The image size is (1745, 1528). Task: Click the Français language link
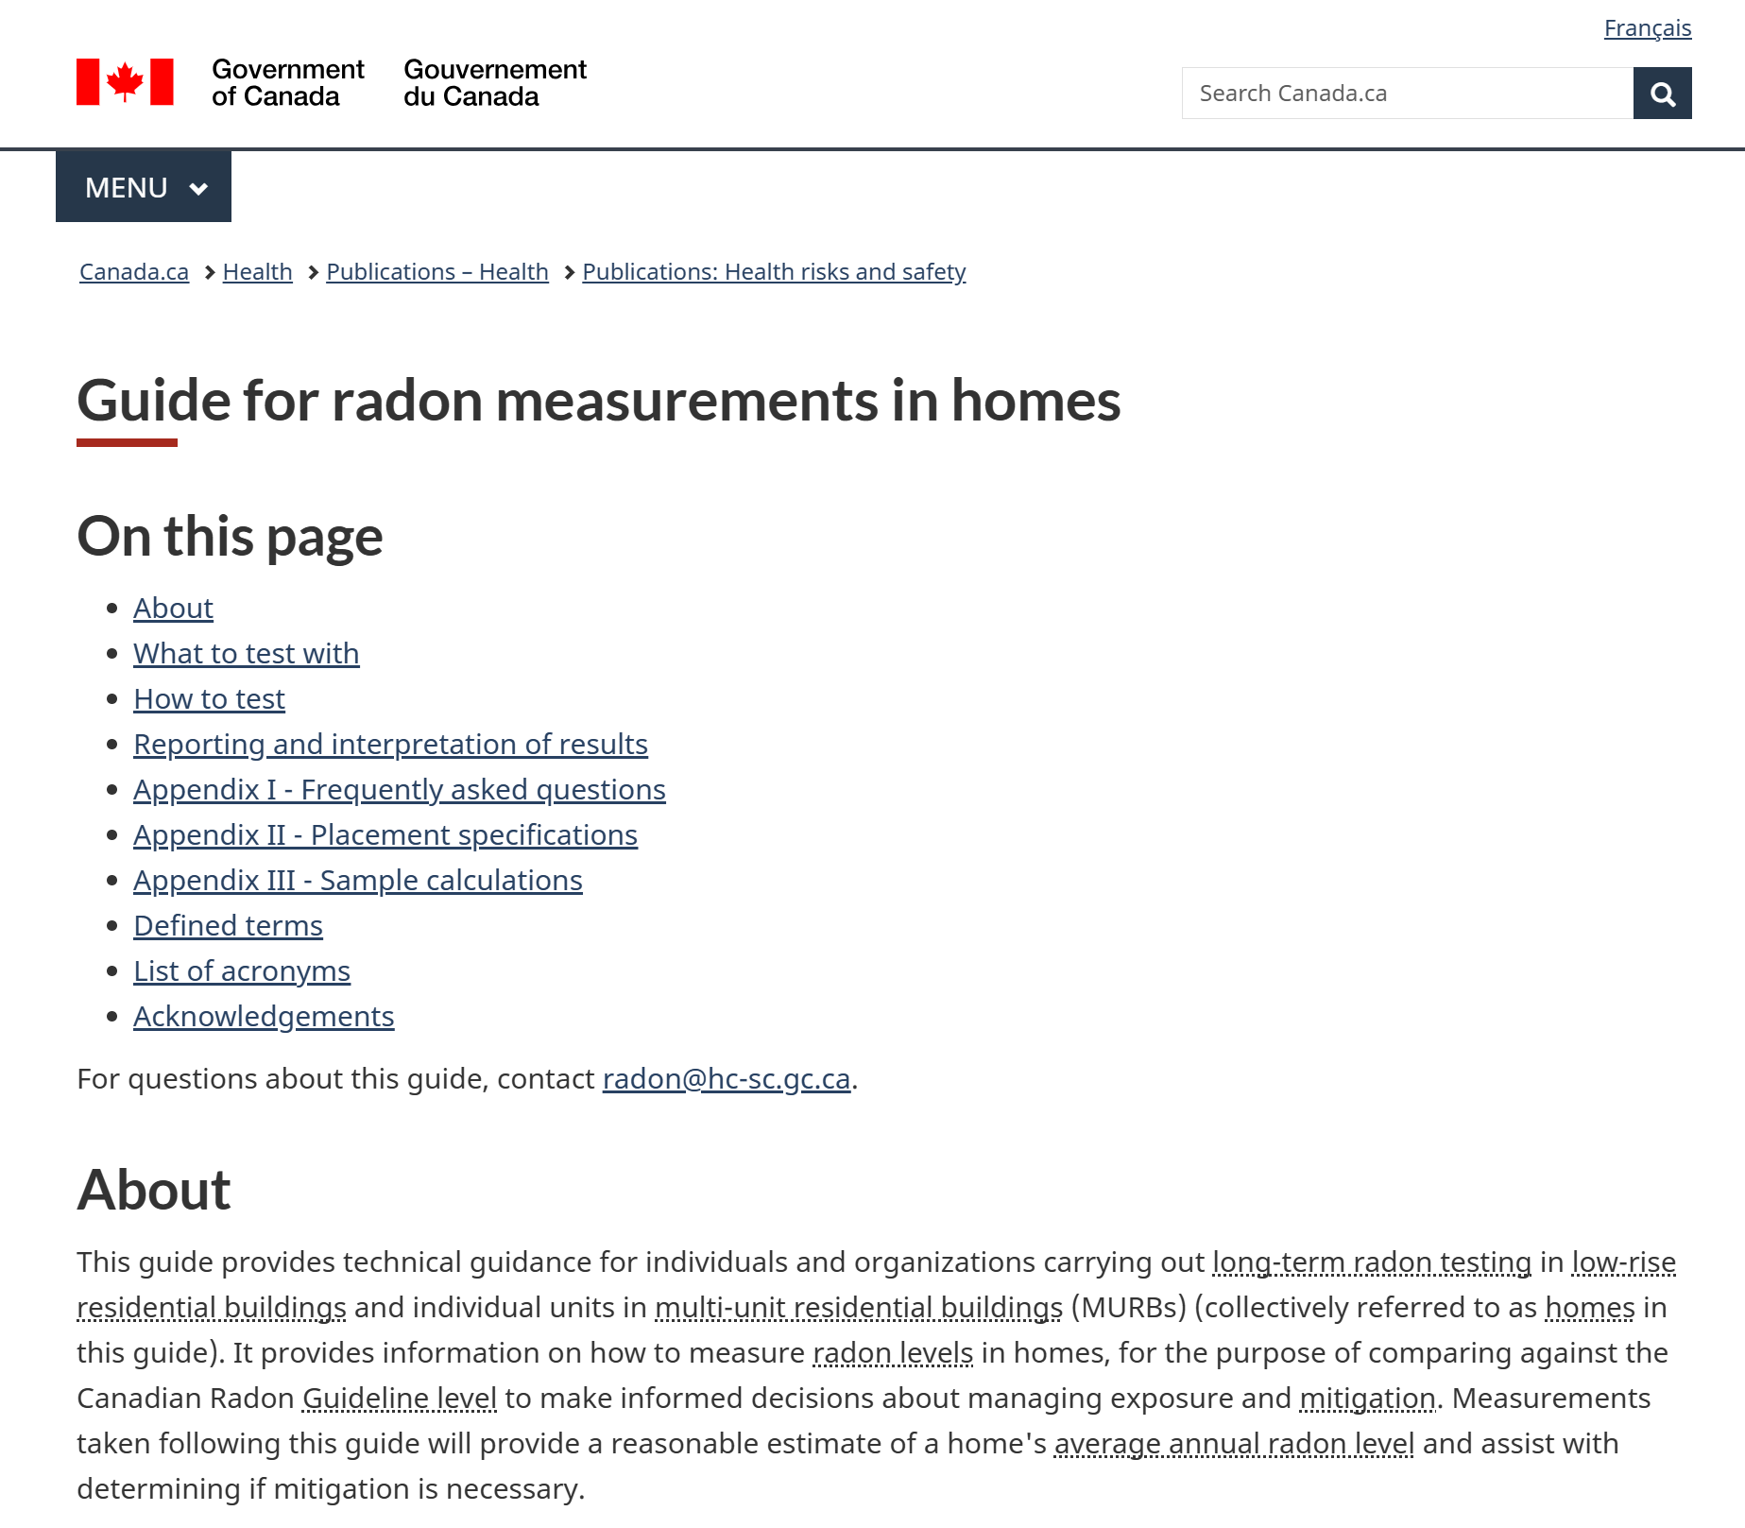pos(1647,28)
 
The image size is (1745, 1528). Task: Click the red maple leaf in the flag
pos(125,81)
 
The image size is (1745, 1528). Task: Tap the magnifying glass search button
pos(1662,94)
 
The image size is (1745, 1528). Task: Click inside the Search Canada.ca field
pos(1407,94)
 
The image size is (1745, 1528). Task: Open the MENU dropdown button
pos(144,187)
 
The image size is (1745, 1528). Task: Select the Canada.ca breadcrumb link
pos(134,272)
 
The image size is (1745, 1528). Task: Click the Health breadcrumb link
pos(257,272)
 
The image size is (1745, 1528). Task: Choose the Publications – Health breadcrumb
pos(437,272)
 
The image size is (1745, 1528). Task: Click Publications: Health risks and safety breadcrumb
pos(774,272)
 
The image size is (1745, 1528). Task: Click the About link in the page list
pos(173,609)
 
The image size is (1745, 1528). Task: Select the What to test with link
pos(246,654)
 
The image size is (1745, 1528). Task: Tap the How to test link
pos(209,699)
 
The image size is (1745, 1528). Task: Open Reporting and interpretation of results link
pos(390,745)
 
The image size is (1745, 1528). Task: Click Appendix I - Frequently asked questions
pos(399,790)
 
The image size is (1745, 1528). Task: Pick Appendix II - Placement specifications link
pos(385,835)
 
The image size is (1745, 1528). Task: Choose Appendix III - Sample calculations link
pos(357,881)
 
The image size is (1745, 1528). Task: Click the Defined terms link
pos(228,926)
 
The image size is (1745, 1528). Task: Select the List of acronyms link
pos(241,971)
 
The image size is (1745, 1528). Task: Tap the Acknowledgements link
pos(264,1017)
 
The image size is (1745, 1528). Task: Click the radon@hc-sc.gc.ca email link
pos(726,1079)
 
